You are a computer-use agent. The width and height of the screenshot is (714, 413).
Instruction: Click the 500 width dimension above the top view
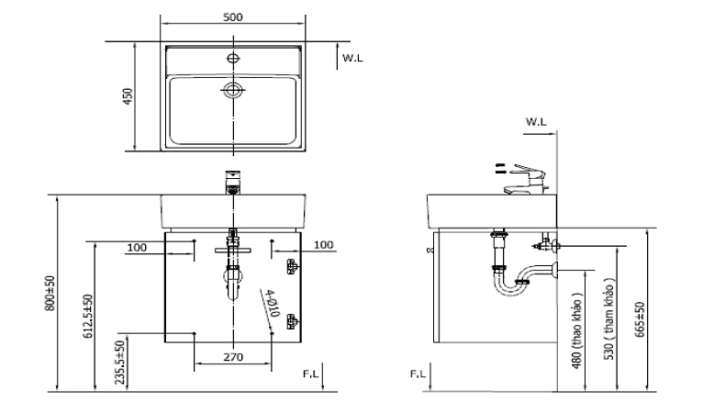coord(233,17)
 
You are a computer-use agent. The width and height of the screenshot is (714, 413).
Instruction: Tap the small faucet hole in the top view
coord(233,58)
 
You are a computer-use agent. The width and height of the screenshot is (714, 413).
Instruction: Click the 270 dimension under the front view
coord(233,357)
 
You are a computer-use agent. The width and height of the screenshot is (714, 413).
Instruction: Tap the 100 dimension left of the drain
coord(137,247)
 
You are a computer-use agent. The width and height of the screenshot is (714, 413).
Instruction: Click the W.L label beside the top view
coord(353,58)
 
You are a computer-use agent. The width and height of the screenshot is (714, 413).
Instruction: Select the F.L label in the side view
coord(418,374)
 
